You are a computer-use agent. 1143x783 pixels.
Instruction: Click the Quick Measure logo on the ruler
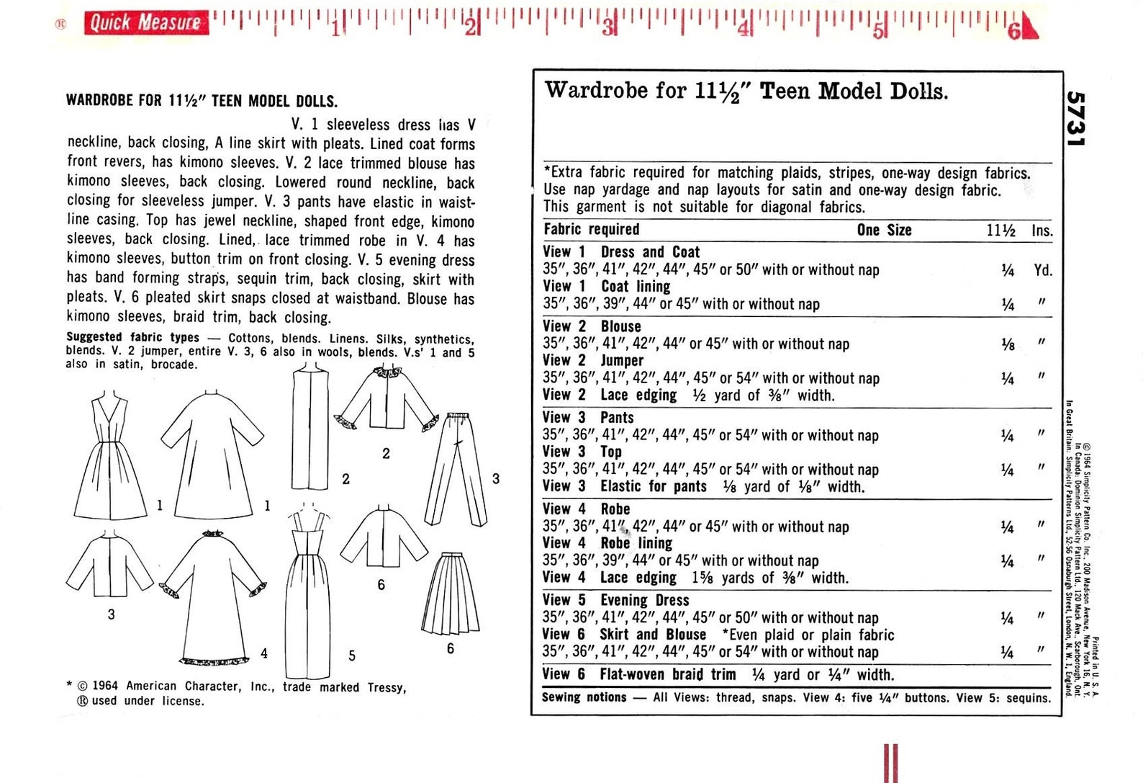tap(145, 22)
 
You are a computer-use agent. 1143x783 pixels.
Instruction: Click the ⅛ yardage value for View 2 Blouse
tap(1008, 344)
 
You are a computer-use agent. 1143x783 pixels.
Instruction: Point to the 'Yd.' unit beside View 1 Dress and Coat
tap(1042, 271)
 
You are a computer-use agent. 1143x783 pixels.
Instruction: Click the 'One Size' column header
tap(884, 231)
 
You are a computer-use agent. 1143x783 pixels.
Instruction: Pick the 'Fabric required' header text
tap(591, 230)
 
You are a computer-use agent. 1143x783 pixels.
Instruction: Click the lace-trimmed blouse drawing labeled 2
tap(387, 401)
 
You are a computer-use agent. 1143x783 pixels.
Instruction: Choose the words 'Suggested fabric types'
tap(132, 337)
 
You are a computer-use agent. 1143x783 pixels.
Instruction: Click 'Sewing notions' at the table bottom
tap(584, 697)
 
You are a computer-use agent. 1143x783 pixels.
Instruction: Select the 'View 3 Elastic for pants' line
tap(703, 487)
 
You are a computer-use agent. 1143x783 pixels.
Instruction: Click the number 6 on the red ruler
tap(1013, 30)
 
